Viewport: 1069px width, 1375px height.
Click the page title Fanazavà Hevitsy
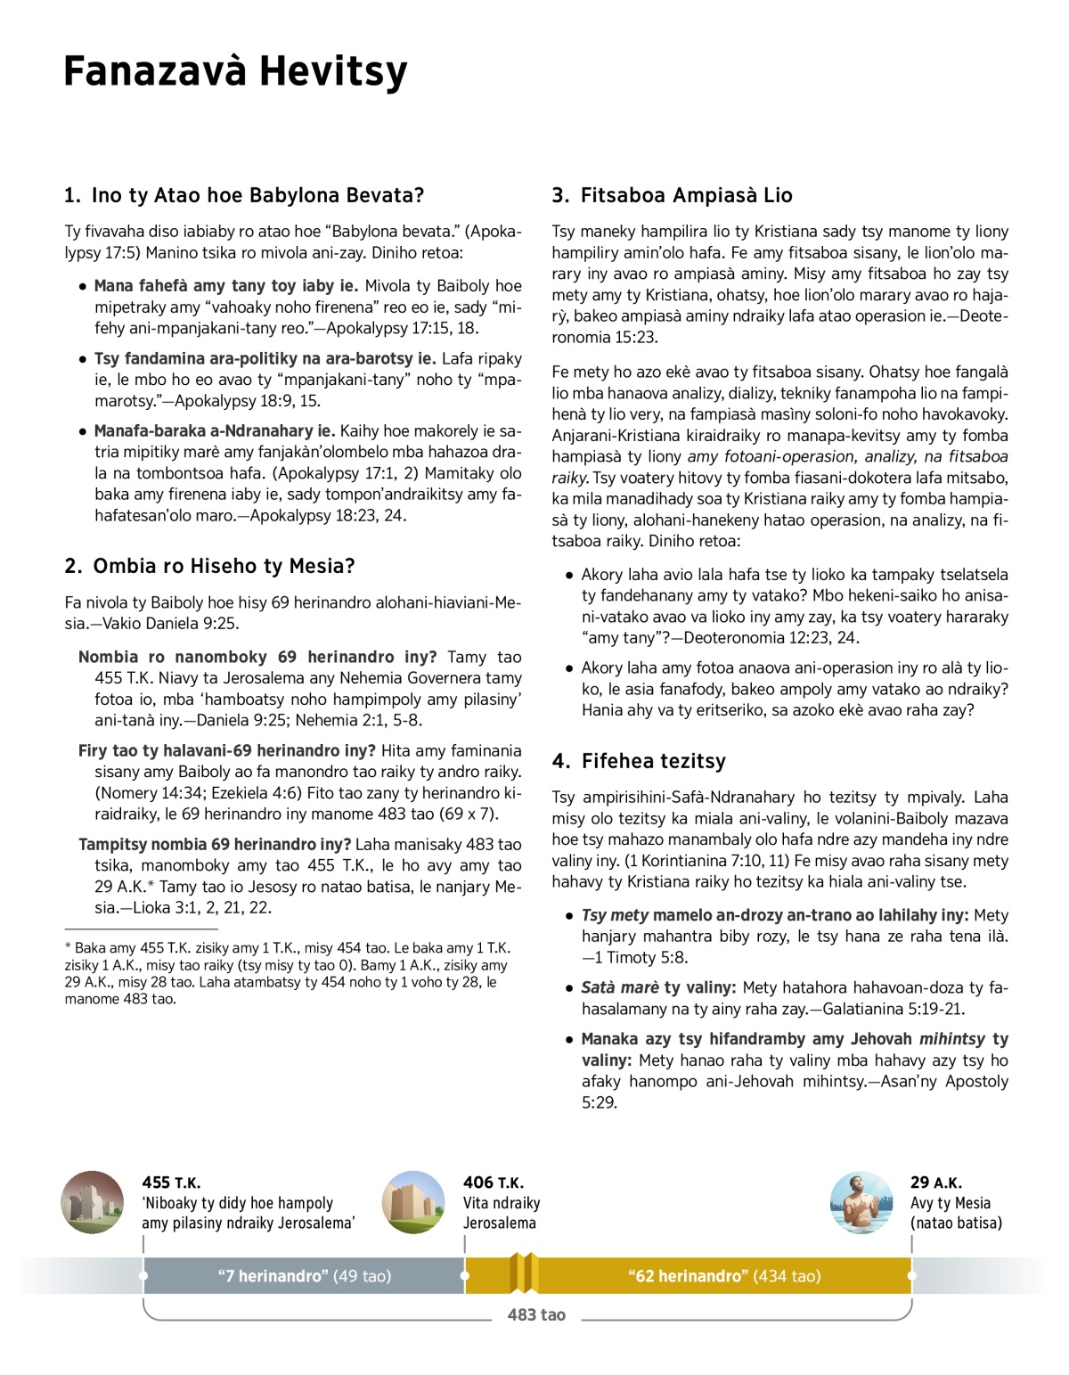point(235,71)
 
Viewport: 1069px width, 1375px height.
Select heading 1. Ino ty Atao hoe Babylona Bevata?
point(244,195)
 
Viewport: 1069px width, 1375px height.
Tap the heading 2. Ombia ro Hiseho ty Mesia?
point(209,566)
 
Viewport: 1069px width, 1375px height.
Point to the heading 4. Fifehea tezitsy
point(639,761)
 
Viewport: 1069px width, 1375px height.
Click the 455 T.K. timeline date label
point(171,1183)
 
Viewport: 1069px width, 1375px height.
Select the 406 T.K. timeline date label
point(493,1183)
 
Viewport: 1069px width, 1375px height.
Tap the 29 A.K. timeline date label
point(935,1183)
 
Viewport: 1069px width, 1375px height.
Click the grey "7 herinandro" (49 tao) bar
point(304,1276)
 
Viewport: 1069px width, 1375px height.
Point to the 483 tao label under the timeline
point(536,1315)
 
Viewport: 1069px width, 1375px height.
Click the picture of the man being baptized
point(861,1202)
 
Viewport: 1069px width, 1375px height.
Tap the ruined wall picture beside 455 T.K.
point(93,1202)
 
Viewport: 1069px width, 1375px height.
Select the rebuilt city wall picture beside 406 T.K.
point(413,1202)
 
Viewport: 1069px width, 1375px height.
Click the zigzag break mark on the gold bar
point(524,1273)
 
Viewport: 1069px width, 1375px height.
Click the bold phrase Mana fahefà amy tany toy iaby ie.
point(226,286)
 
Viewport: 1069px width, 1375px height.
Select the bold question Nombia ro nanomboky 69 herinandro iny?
point(257,657)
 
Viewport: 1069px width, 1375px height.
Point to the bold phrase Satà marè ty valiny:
point(658,987)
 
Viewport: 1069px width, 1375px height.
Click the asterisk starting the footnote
point(69,947)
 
